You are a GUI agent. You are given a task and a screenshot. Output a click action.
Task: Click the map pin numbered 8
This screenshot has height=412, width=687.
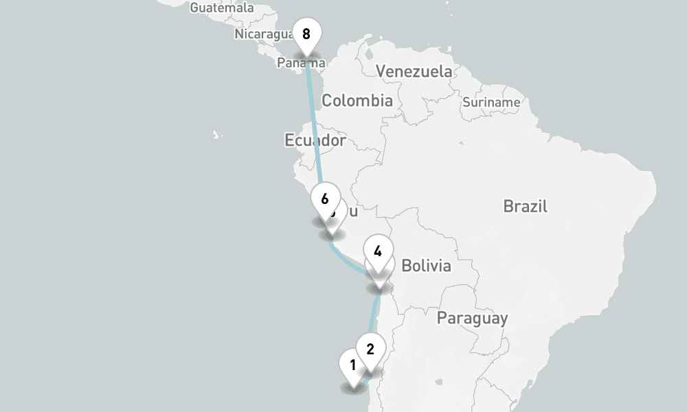point(306,34)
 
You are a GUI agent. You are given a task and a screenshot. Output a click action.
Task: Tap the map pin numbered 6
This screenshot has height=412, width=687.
point(325,199)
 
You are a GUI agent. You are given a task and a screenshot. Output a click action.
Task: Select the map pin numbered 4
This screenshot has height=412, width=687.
point(378,251)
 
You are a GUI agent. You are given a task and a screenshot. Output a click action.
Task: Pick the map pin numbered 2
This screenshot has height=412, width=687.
point(370,349)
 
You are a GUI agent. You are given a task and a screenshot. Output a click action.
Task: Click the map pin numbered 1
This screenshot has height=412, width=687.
point(352,365)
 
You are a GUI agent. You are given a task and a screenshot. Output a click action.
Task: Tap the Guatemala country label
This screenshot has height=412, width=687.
point(221,8)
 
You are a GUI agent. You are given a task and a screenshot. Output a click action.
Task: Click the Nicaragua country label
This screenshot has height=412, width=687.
point(264,34)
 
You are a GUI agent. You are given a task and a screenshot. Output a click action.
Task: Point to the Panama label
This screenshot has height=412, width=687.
point(301,63)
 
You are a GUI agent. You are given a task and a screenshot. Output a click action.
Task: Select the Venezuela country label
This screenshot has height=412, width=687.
point(414,71)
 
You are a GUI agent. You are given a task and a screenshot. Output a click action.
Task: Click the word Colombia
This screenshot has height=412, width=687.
point(357,101)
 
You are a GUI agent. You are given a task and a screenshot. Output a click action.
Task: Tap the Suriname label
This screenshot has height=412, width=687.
point(491,102)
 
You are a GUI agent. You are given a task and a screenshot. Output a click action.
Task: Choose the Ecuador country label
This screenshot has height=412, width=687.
point(315,141)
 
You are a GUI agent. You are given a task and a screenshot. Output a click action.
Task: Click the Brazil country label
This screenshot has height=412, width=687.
point(525,206)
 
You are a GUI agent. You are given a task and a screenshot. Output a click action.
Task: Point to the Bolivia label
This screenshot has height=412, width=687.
point(426,266)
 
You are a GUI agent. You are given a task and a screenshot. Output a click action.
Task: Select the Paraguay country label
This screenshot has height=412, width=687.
point(472,318)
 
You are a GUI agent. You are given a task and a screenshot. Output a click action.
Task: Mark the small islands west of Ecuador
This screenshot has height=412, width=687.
point(217,135)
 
